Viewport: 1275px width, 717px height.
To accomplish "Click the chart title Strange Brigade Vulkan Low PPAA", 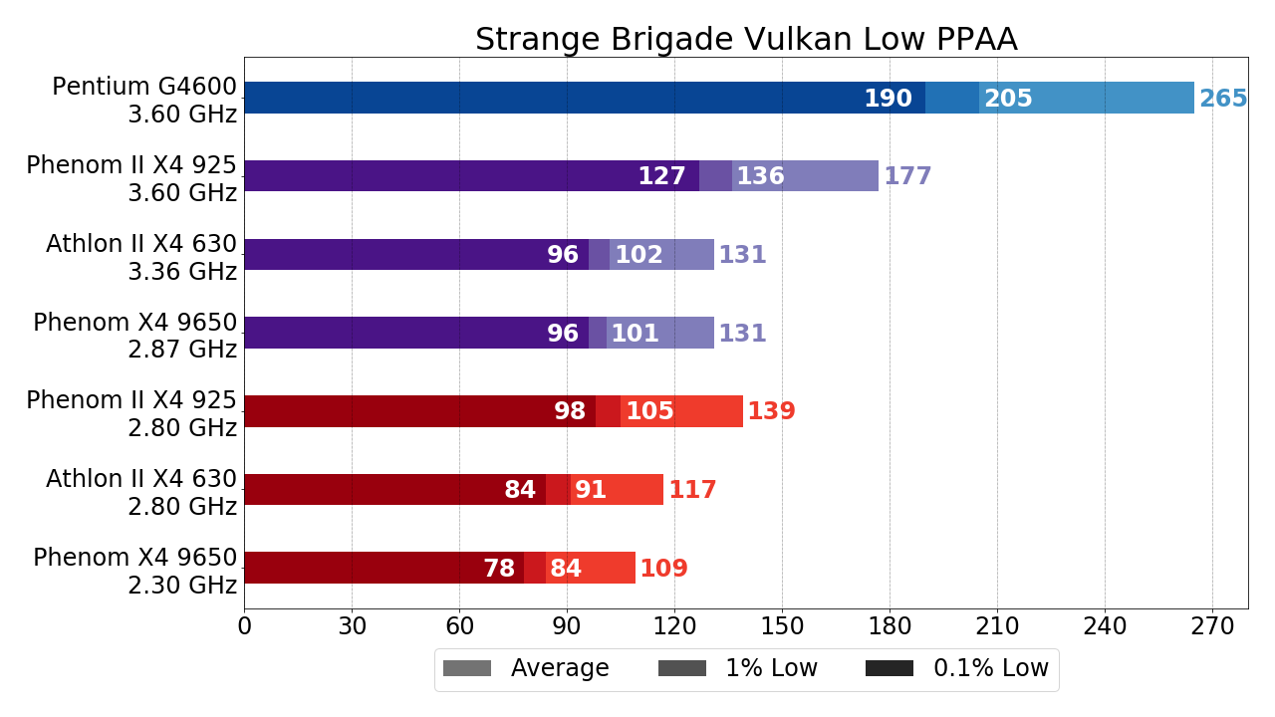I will click(746, 40).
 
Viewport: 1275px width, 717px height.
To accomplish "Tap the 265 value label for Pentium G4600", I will click(1223, 99).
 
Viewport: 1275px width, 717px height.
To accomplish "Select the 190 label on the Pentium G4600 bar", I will click(888, 99).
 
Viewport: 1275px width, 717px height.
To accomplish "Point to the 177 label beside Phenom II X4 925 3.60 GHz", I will click(907, 176).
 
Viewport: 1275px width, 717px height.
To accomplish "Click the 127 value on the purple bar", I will click(661, 176).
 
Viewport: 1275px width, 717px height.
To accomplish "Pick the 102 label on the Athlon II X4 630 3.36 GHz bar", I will click(638, 255).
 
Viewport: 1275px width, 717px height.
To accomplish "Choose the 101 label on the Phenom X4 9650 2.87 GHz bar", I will click(635, 334).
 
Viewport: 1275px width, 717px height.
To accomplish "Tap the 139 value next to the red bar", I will click(771, 411).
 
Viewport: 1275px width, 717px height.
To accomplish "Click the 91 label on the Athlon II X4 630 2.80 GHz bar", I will click(591, 490).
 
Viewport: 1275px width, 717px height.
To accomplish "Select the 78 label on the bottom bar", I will click(499, 569).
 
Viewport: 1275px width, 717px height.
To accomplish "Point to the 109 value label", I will click(663, 569).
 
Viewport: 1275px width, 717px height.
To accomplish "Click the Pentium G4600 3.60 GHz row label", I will click(144, 100).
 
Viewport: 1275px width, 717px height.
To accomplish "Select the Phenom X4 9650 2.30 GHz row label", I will click(135, 571).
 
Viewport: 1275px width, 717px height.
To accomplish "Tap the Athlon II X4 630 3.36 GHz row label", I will click(141, 257).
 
